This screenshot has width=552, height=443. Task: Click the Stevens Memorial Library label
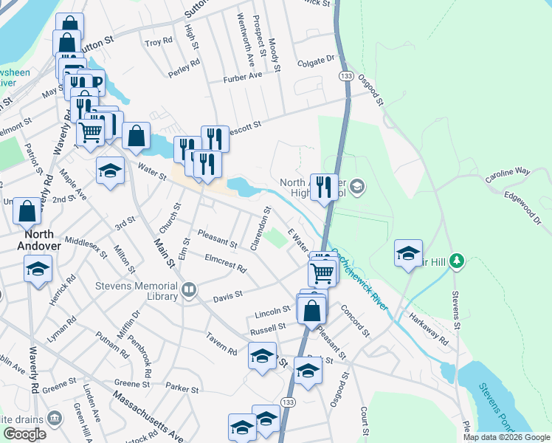[137, 290]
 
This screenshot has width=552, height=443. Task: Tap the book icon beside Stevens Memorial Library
[189, 289]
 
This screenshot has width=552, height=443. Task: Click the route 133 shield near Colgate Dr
[345, 76]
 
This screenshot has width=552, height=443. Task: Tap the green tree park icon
[458, 261]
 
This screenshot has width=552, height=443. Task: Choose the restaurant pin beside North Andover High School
[324, 187]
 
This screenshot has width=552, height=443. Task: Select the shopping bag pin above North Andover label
[27, 210]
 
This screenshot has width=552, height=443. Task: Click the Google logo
[24, 434]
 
